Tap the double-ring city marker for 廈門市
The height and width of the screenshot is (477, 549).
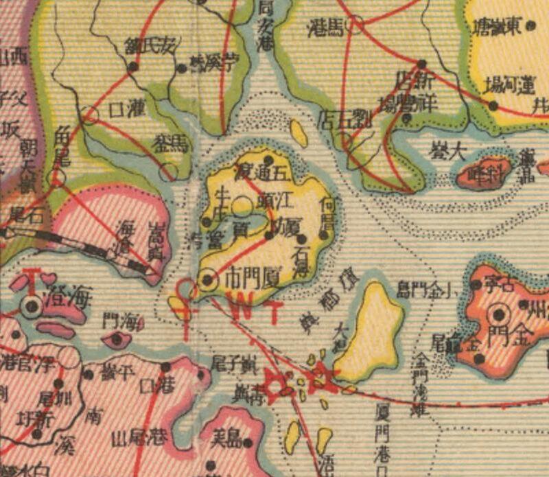click(207, 279)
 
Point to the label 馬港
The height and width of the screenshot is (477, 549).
click(325, 27)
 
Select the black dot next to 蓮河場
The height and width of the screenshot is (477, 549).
click(493, 104)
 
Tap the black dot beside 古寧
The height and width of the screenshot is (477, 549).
click(477, 283)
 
